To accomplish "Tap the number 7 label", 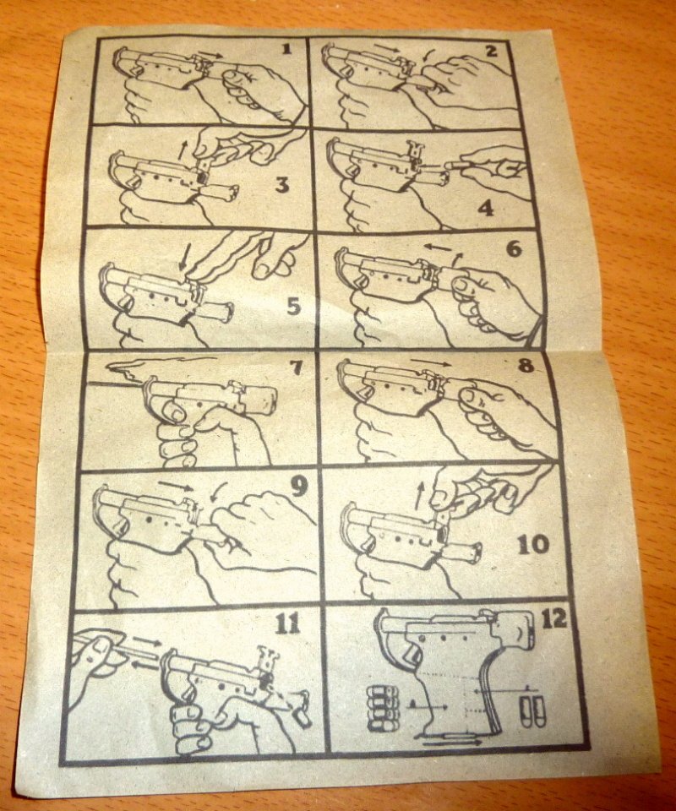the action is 296,367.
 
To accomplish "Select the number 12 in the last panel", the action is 554,619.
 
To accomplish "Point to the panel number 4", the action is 485,209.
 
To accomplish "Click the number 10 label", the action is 532,544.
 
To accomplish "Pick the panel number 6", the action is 514,250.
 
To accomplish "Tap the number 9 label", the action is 299,487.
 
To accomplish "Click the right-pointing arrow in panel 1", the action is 211,54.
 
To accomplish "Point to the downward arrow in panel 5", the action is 182,259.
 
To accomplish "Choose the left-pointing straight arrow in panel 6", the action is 438,248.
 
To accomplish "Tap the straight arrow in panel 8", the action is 430,361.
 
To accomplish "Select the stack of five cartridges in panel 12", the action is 384,708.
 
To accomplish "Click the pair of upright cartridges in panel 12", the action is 532,710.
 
